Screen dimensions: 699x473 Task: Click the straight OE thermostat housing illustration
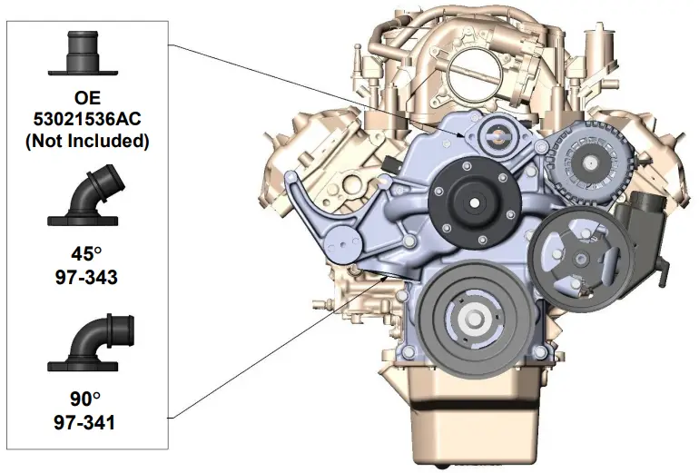(83, 53)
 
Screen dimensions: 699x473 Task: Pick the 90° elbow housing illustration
(89, 343)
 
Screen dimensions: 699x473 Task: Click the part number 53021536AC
(87, 119)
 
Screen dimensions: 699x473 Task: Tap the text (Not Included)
(87, 141)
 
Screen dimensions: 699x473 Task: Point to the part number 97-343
(86, 277)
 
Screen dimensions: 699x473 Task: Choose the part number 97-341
(84, 422)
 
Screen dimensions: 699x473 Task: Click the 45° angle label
(86, 254)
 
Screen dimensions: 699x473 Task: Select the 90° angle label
(84, 399)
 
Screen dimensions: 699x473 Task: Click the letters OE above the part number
(87, 98)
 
